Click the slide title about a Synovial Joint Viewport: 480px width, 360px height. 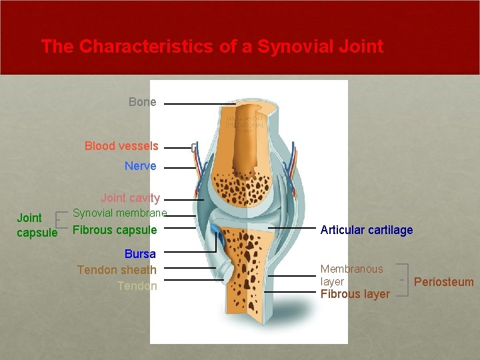[x=212, y=47]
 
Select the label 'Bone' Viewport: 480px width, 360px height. [x=142, y=102]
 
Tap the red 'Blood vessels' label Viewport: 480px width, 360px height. [x=121, y=146]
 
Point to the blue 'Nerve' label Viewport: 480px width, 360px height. [x=140, y=166]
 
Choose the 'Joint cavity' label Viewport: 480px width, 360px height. [x=130, y=198]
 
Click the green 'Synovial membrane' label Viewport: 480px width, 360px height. [x=119, y=213]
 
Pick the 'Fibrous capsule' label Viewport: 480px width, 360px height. [x=114, y=231]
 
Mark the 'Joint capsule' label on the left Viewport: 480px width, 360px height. [x=37, y=225]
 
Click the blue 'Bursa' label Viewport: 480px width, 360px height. [x=140, y=254]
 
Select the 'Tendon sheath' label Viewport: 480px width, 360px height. [x=117, y=270]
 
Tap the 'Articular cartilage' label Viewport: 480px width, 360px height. [x=366, y=230]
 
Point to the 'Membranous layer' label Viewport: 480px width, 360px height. [x=351, y=275]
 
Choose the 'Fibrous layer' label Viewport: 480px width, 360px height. [x=355, y=294]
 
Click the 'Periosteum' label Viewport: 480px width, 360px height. [x=443, y=282]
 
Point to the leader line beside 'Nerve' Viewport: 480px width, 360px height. [x=180, y=168]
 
